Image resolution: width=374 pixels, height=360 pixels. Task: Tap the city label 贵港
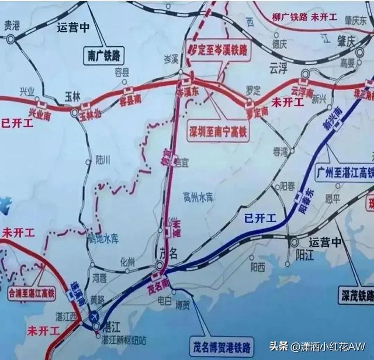11,26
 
